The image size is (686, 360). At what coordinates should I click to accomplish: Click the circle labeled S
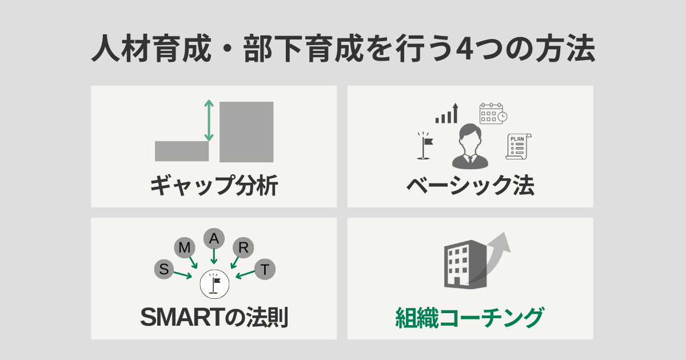[x=164, y=269]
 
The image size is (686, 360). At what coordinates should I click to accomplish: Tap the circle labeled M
[x=185, y=247]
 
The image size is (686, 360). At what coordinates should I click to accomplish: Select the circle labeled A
[x=214, y=238]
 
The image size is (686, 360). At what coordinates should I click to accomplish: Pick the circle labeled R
[x=244, y=247]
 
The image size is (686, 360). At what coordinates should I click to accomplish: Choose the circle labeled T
[x=264, y=269]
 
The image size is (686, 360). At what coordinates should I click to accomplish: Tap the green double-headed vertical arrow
[x=209, y=121]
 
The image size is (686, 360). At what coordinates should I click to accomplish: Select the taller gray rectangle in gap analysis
[x=246, y=131]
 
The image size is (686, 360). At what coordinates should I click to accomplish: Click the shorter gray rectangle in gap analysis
[x=181, y=151]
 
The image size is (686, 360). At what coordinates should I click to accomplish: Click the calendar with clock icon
[x=493, y=113]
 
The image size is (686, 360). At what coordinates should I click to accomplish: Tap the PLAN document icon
[x=517, y=146]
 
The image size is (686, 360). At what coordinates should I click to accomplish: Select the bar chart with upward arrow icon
[x=447, y=114]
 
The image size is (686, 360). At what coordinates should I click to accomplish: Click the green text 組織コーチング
[x=470, y=318]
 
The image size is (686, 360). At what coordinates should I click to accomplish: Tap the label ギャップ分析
[x=214, y=186]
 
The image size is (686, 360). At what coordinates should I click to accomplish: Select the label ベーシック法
[x=470, y=186]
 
